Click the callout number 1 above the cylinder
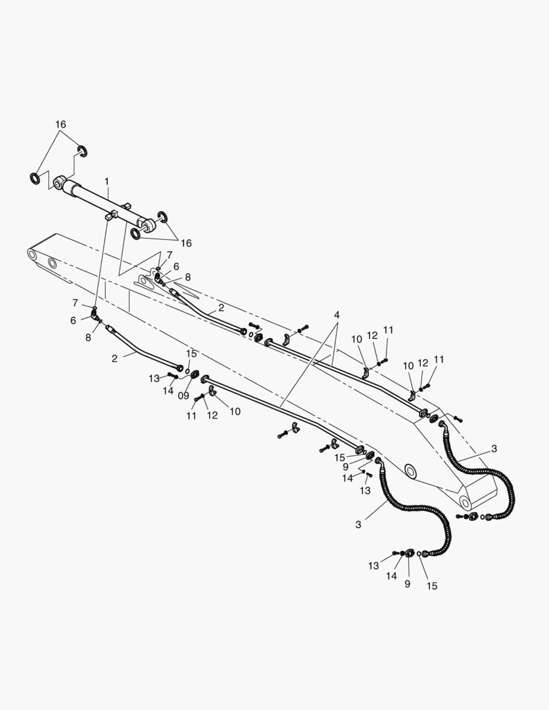pyautogui.click(x=107, y=181)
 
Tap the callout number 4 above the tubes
pyautogui.click(x=337, y=315)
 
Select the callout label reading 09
pyautogui.click(x=183, y=396)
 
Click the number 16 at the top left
pyautogui.click(x=60, y=124)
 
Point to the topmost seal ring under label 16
pyautogui.click(x=82, y=151)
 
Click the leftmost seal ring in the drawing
pyautogui.click(x=34, y=178)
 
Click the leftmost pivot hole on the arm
pyautogui.click(x=32, y=255)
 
